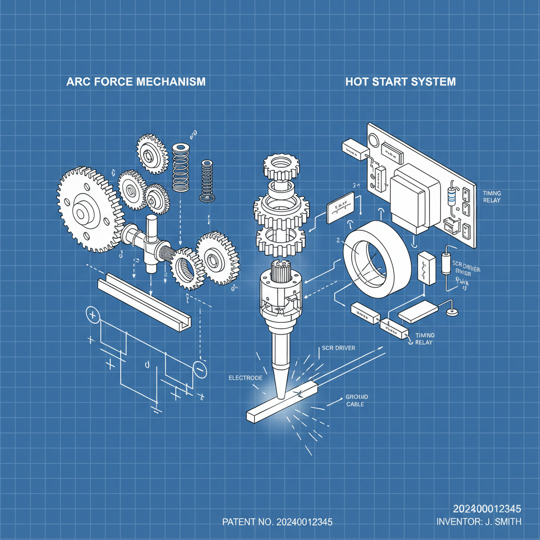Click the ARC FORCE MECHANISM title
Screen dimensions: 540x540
point(136,82)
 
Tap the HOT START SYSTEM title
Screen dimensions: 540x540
point(400,82)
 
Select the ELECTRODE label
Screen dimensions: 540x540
point(245,378)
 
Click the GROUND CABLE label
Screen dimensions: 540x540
point(358,400)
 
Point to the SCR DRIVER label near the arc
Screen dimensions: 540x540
point(338,349)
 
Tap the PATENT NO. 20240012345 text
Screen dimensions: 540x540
point(277,522)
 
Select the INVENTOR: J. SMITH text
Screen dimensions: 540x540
point(479,522)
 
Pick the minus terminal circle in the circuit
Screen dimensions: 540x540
point(200,370)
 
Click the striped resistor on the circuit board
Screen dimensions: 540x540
point(451,196)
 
